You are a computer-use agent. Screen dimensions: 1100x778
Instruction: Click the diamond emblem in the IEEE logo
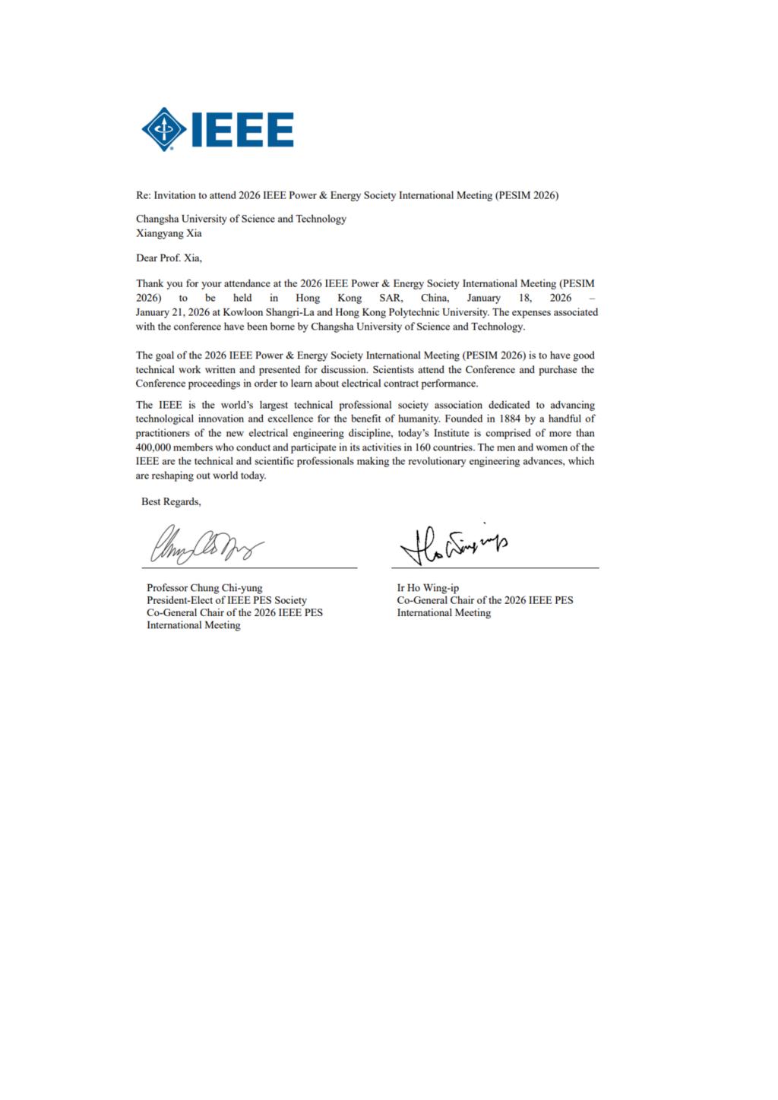(x=164, y=129)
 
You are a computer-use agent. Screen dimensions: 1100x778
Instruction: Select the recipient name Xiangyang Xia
(x=169, y=233)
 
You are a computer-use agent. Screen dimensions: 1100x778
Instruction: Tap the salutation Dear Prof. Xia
(x=169, y=258)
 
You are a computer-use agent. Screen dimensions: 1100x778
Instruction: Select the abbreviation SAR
(x=391, y=298)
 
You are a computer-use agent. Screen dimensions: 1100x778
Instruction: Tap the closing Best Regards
(x=171, y=502)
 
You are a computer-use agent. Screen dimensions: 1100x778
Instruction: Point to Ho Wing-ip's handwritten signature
(x=454, y=544)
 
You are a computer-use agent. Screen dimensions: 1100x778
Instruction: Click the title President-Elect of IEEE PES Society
(x=226, y=600)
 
